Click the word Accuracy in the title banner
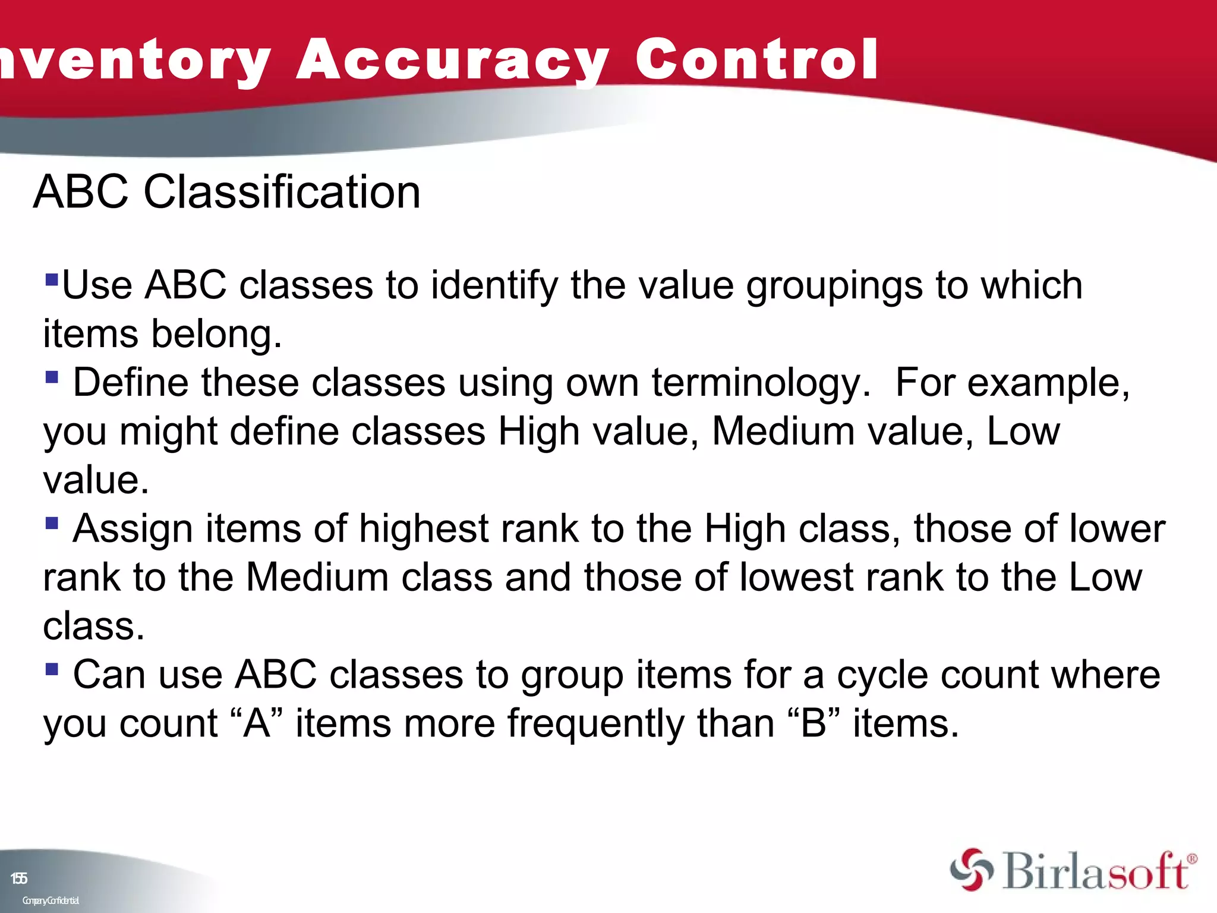tap(452, 59)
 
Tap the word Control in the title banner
tap(756, 59)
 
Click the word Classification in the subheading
tap(282, 192)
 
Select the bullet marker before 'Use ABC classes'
tap(52, 278)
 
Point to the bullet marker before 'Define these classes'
tap(52, 376)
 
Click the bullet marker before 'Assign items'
tap(52, 522)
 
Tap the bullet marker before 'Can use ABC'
tap(52, 669)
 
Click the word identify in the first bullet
tap(494, 286)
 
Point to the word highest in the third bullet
tap(424, 529)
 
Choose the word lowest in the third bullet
tap(796, 578)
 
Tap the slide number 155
tap(19, 879)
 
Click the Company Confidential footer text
tap(51, 901)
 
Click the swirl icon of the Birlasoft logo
tap(971, 870)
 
